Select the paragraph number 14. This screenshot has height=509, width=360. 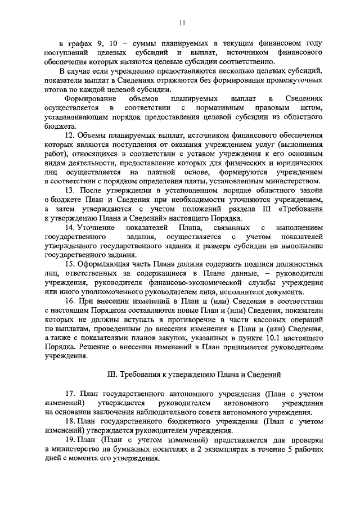[70, 227]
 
